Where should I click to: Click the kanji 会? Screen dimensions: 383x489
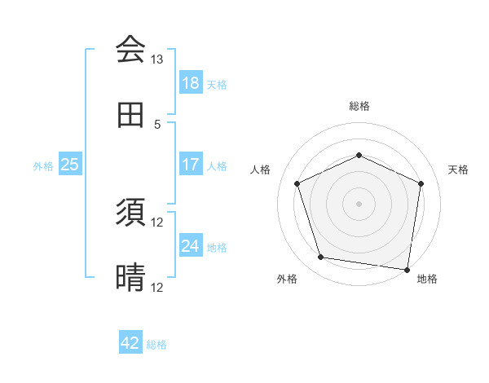point(130,49)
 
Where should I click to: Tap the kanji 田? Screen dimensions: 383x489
point(130,116)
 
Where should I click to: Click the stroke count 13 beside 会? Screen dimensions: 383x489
point(156,59)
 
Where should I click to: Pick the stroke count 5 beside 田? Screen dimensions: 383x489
point(157,124)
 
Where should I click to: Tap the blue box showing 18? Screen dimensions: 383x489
point(190,82)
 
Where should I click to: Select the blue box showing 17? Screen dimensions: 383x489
point(190,165)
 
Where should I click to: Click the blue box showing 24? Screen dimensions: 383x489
point(190,246)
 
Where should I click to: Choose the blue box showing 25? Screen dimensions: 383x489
point(69,165)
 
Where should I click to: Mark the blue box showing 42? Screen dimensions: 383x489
point(130,343)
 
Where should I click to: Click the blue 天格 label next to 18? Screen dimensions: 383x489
point(217,84)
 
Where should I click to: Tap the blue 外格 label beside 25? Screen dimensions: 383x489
point(43,166)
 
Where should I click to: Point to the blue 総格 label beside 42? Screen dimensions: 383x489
point(156,345)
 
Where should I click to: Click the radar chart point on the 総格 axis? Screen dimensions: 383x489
point(359,155)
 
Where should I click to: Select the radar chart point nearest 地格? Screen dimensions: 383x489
point(407,269)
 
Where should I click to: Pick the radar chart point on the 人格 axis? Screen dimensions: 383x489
point(297,183)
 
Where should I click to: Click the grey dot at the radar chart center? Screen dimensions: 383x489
point(359,203)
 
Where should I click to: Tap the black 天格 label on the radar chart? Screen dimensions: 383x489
point(458,169)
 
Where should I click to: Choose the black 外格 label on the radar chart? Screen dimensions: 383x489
point(287,279)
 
